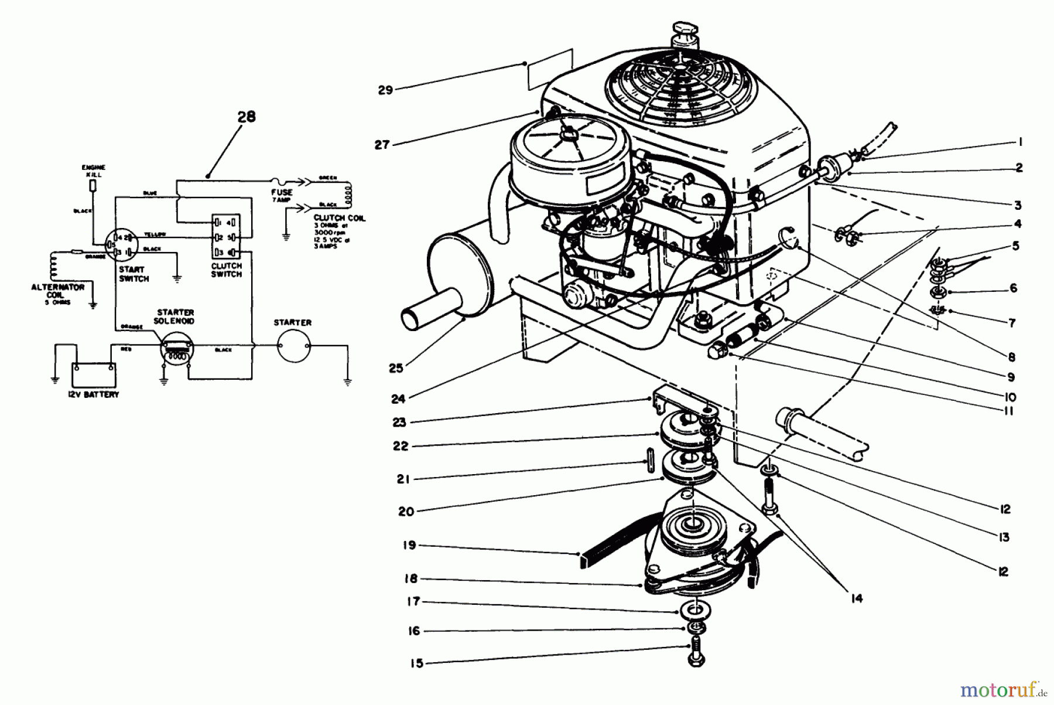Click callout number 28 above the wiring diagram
coord(247,117)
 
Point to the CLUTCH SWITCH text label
coord(227,270)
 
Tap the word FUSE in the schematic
coord(282,192)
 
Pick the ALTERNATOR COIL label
coord(57,291)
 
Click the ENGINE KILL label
coord(93,171)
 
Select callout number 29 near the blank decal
coord(385,90)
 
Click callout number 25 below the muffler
coord(396,368)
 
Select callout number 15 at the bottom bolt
coord(416,664)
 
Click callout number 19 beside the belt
coord(409,546)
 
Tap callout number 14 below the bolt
coord(857,598)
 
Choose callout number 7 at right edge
coord(1012,322)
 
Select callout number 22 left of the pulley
coord(401,446)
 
